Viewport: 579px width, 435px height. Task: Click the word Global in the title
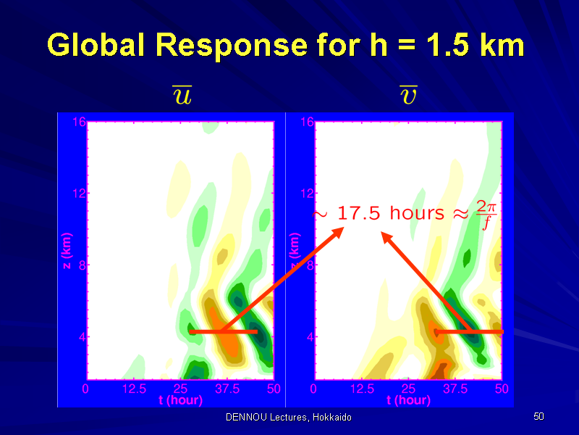(x=96, y=45)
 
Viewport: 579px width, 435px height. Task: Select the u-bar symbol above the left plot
(x=182, y=95)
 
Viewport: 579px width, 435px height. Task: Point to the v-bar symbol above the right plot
(x=408, y=95)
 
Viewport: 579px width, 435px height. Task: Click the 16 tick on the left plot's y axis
(x=80, y=122)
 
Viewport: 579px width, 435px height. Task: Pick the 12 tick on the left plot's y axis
(x=80, y=193)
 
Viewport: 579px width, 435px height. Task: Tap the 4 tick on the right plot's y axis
(x=310, y=337)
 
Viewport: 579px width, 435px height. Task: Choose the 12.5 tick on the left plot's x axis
(x=135, y=389)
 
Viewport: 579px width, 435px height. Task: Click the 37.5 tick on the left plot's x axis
(x=227, y=389)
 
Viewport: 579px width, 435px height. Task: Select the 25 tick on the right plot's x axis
(x=408, y=389)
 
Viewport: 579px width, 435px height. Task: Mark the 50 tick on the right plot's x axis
(x=502, y=389)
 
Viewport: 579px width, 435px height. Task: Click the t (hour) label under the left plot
(x=180, y=400)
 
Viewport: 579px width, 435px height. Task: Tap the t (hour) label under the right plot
(x=408, y=400)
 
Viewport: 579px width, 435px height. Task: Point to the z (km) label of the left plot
(x=67, y=251)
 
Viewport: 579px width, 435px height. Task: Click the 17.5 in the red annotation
(x=358, y=213)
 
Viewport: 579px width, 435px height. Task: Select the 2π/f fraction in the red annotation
(x=486, y=215)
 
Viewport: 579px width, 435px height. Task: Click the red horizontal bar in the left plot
(x=223, y=331)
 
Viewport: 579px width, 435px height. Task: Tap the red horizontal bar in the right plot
(x=469, y=332)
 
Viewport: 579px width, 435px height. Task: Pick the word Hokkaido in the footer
(x=332, y=418)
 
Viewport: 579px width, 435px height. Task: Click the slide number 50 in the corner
(x=538, y=416)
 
